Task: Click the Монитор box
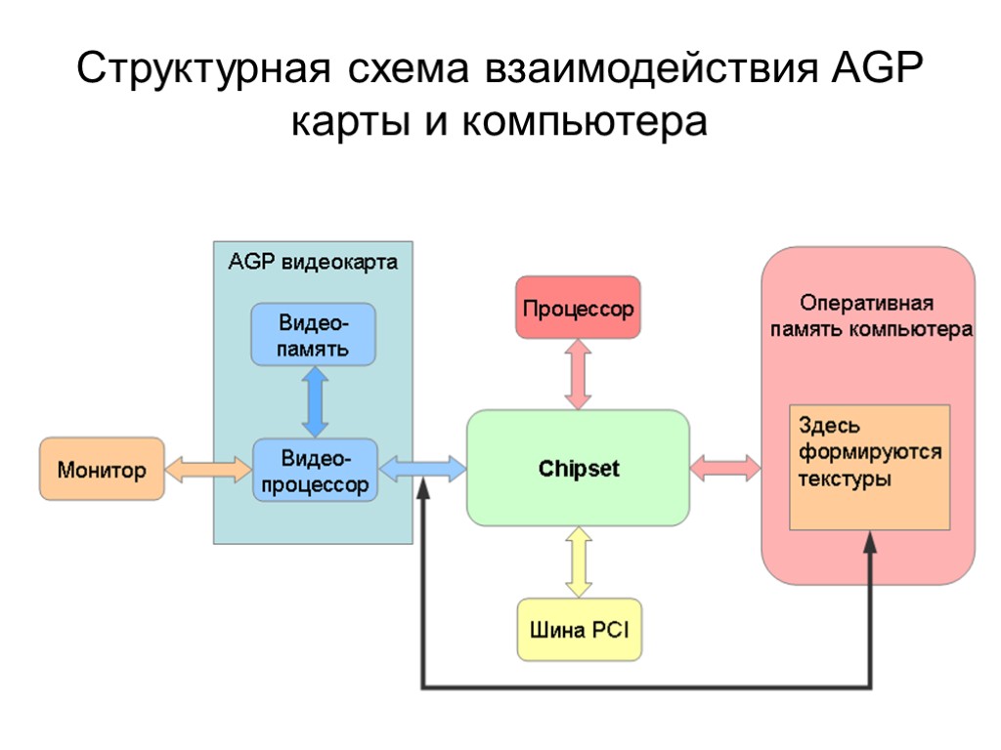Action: [102, 469]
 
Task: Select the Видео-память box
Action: [314, 335]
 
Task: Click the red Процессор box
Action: [578, 308]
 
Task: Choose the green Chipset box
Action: [578, 469]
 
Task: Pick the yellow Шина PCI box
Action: [579, 629]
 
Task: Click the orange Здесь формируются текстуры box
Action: [869, 467]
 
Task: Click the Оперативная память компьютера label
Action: [868, 315]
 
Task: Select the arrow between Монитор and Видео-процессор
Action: [208, 469]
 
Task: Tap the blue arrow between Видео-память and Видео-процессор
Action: [314, 402]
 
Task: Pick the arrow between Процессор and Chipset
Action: [578, 373]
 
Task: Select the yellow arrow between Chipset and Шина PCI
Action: [578, 562]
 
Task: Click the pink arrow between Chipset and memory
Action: [725, 468]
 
